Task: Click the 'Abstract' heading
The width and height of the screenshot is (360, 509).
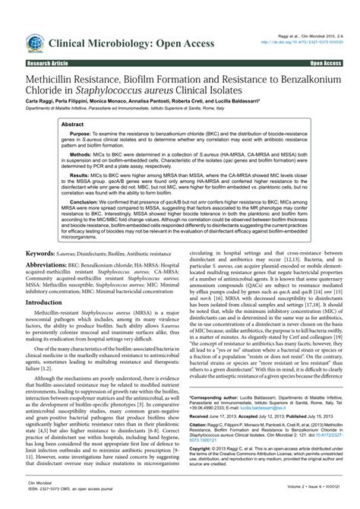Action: click(x=72, y=123)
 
